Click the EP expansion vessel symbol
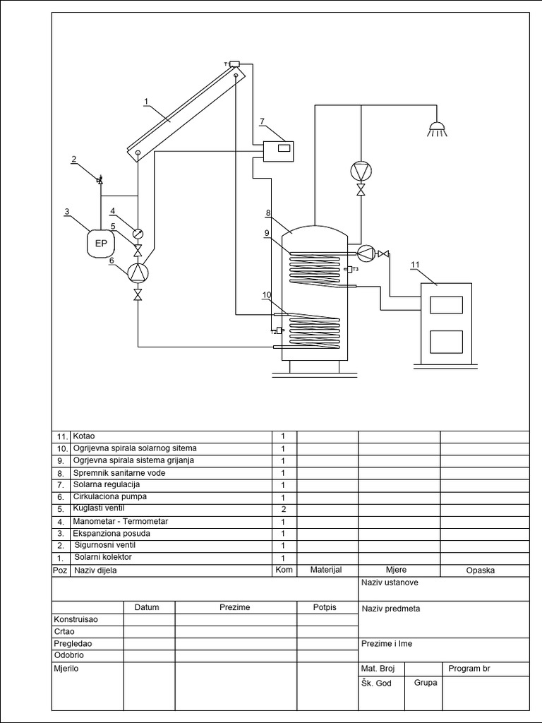[100, 244]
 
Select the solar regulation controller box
[277, 150]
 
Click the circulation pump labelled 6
[138, 273]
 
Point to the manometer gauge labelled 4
[138, 234]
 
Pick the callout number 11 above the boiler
[415, 265]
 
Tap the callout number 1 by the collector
[146, 102]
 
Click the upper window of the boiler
[445, 304]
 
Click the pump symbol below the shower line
[361, 171]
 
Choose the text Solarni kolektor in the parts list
[102, 558]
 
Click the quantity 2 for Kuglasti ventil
[283, 509]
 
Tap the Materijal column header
[326, 570]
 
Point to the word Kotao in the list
[83, 437]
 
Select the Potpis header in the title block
[325, 607]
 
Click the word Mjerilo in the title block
[66, 668]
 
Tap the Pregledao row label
[73, 644]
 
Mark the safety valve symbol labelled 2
[100, 181]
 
